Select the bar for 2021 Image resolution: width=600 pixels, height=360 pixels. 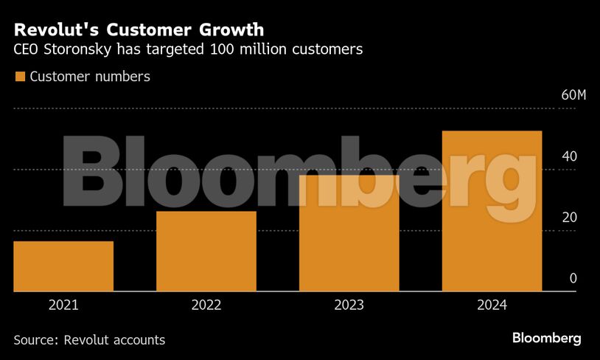coord(63,266)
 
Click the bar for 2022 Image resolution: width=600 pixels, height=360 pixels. coord(206,252)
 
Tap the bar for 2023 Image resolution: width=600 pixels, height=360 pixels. coord(349,233)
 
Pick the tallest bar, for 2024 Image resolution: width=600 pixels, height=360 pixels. coord(492,211)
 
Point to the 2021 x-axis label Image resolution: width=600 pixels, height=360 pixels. coord(63,305)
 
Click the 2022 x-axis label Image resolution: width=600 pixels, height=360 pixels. coord(206,305)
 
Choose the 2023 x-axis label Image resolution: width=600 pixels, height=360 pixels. coord(349,305)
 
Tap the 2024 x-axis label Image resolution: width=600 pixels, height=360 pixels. coord(492,305)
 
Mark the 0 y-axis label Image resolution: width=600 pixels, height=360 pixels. coord(572,278)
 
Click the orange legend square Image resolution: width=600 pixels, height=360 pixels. coord(20,77)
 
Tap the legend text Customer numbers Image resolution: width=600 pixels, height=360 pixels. coord(90,77)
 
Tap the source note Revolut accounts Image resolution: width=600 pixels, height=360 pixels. coord(114,340)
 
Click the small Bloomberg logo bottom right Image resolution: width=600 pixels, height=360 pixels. coord(546,339)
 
